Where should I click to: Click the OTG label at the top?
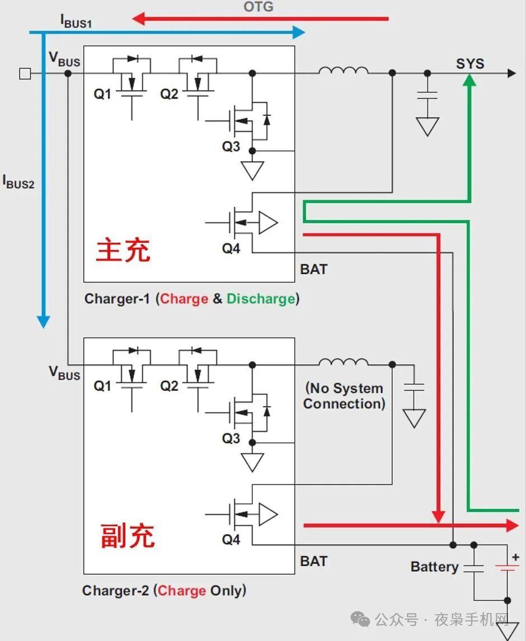pyautogui.click(x=259, y=7)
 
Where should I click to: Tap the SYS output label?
pyautogui.click(x=469, y=64)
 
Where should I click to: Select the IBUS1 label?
pyautogui.click(x=76, y=21)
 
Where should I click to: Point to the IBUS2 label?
pyautogui.click(x=18, y=182)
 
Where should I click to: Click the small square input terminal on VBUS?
pyautogui.click(x=25, y=73)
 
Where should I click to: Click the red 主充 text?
pyautogui.click(x=123, y=250)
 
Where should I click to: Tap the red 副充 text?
pyautogui.click(x=128, y=535)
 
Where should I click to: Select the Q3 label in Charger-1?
pyautogui.click(x=231, y=147)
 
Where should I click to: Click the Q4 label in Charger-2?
pyautogui.click(x=231, y=540)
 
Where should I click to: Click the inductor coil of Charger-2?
pyautogui.click(x=344, y=362)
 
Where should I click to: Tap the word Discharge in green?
pyautogui.click(x=260, y=299)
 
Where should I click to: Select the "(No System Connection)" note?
pyautogui.click(x=344, y=396)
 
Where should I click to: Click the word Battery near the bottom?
pyautogui.click(x=434, y=567)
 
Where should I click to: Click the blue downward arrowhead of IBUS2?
pyautogui.click(x=43, y=322)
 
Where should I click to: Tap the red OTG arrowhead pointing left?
pyautogui.click(x=138, y=19)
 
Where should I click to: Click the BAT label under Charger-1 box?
pyautogui.click(x=313, y=270)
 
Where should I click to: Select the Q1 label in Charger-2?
pyautogui.click(x=102, y=386)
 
